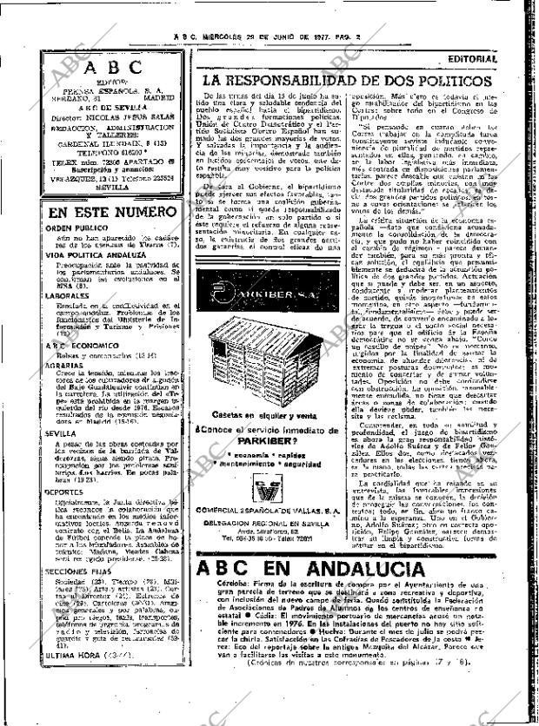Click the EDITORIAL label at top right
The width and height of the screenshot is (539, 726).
click(472, 59)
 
